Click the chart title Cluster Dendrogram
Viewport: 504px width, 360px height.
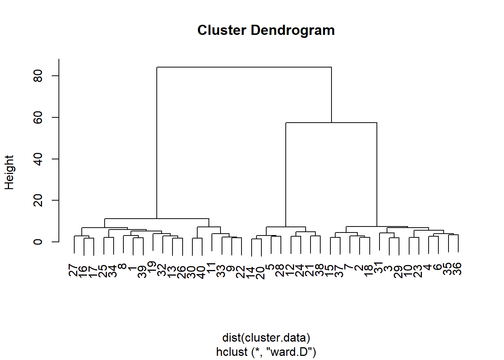coord(266,30)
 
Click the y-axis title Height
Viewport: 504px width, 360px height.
coord(9,172)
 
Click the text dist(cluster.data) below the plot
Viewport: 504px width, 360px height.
coord(266,337)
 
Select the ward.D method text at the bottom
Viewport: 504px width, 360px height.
coord(266,352)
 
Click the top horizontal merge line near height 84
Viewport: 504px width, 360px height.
coord(244,67)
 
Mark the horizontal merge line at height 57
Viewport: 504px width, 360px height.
coord(331,123)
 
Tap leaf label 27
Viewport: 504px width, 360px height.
coord(73,270)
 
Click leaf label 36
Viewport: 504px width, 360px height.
coord(457,269)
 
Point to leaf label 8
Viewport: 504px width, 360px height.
coord(123,266)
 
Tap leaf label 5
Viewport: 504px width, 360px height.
coord(270,267)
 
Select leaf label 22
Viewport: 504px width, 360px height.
coord(241,272)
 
